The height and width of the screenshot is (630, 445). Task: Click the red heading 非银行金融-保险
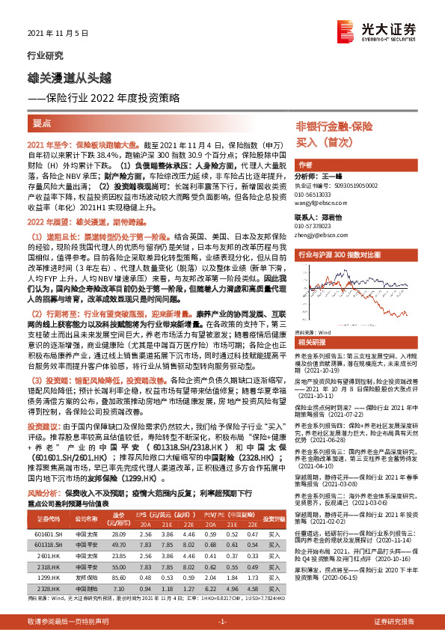click(x=334, y=126)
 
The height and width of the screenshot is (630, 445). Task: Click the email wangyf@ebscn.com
click(x=319, y=201)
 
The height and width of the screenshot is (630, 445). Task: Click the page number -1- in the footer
click(x=222, y=622)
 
